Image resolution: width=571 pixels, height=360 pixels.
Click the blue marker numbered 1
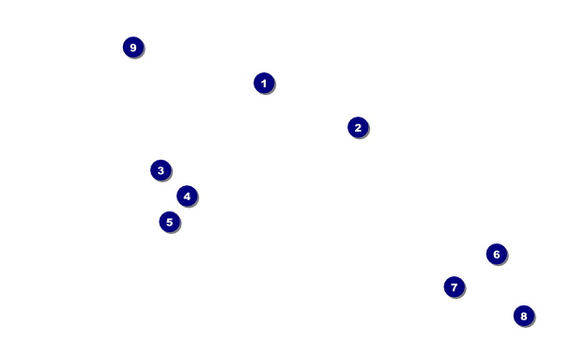[x=264, y=83]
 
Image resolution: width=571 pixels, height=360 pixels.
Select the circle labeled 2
[x=358, y=128]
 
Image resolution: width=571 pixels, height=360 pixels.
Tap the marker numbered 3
[x=161, y=170]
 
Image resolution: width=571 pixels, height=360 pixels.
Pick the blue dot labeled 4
[x=187, y=196]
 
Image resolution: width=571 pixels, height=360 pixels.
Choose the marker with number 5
[x=170, y=222]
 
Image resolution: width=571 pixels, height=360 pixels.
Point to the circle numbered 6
[x=497, y=255]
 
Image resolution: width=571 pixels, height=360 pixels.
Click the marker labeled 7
[x=455, y=287]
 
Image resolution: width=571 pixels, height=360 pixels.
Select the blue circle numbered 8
[x=524, y=316]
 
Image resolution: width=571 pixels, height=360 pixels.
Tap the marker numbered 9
[x=133, y=47]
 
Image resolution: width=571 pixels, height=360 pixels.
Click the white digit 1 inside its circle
[x=264, y=84]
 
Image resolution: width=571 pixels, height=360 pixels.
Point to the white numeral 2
[x=358, y=128]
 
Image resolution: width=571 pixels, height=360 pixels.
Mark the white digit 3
[x=161, y=170]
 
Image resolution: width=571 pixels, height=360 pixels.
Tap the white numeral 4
[x=187, y=196]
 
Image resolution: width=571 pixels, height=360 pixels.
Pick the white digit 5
[x=170, y=222]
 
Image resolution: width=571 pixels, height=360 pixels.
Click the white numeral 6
[x=497, y=255]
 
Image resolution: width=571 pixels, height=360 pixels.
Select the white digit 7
[x=455, y=288]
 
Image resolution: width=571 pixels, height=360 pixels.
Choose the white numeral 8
[x=524, y=316]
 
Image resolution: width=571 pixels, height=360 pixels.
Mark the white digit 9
[x=133, y=48]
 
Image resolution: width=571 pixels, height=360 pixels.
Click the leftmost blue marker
[x=133, y=47]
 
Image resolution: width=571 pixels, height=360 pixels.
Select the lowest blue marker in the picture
[x=524, y=316]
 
